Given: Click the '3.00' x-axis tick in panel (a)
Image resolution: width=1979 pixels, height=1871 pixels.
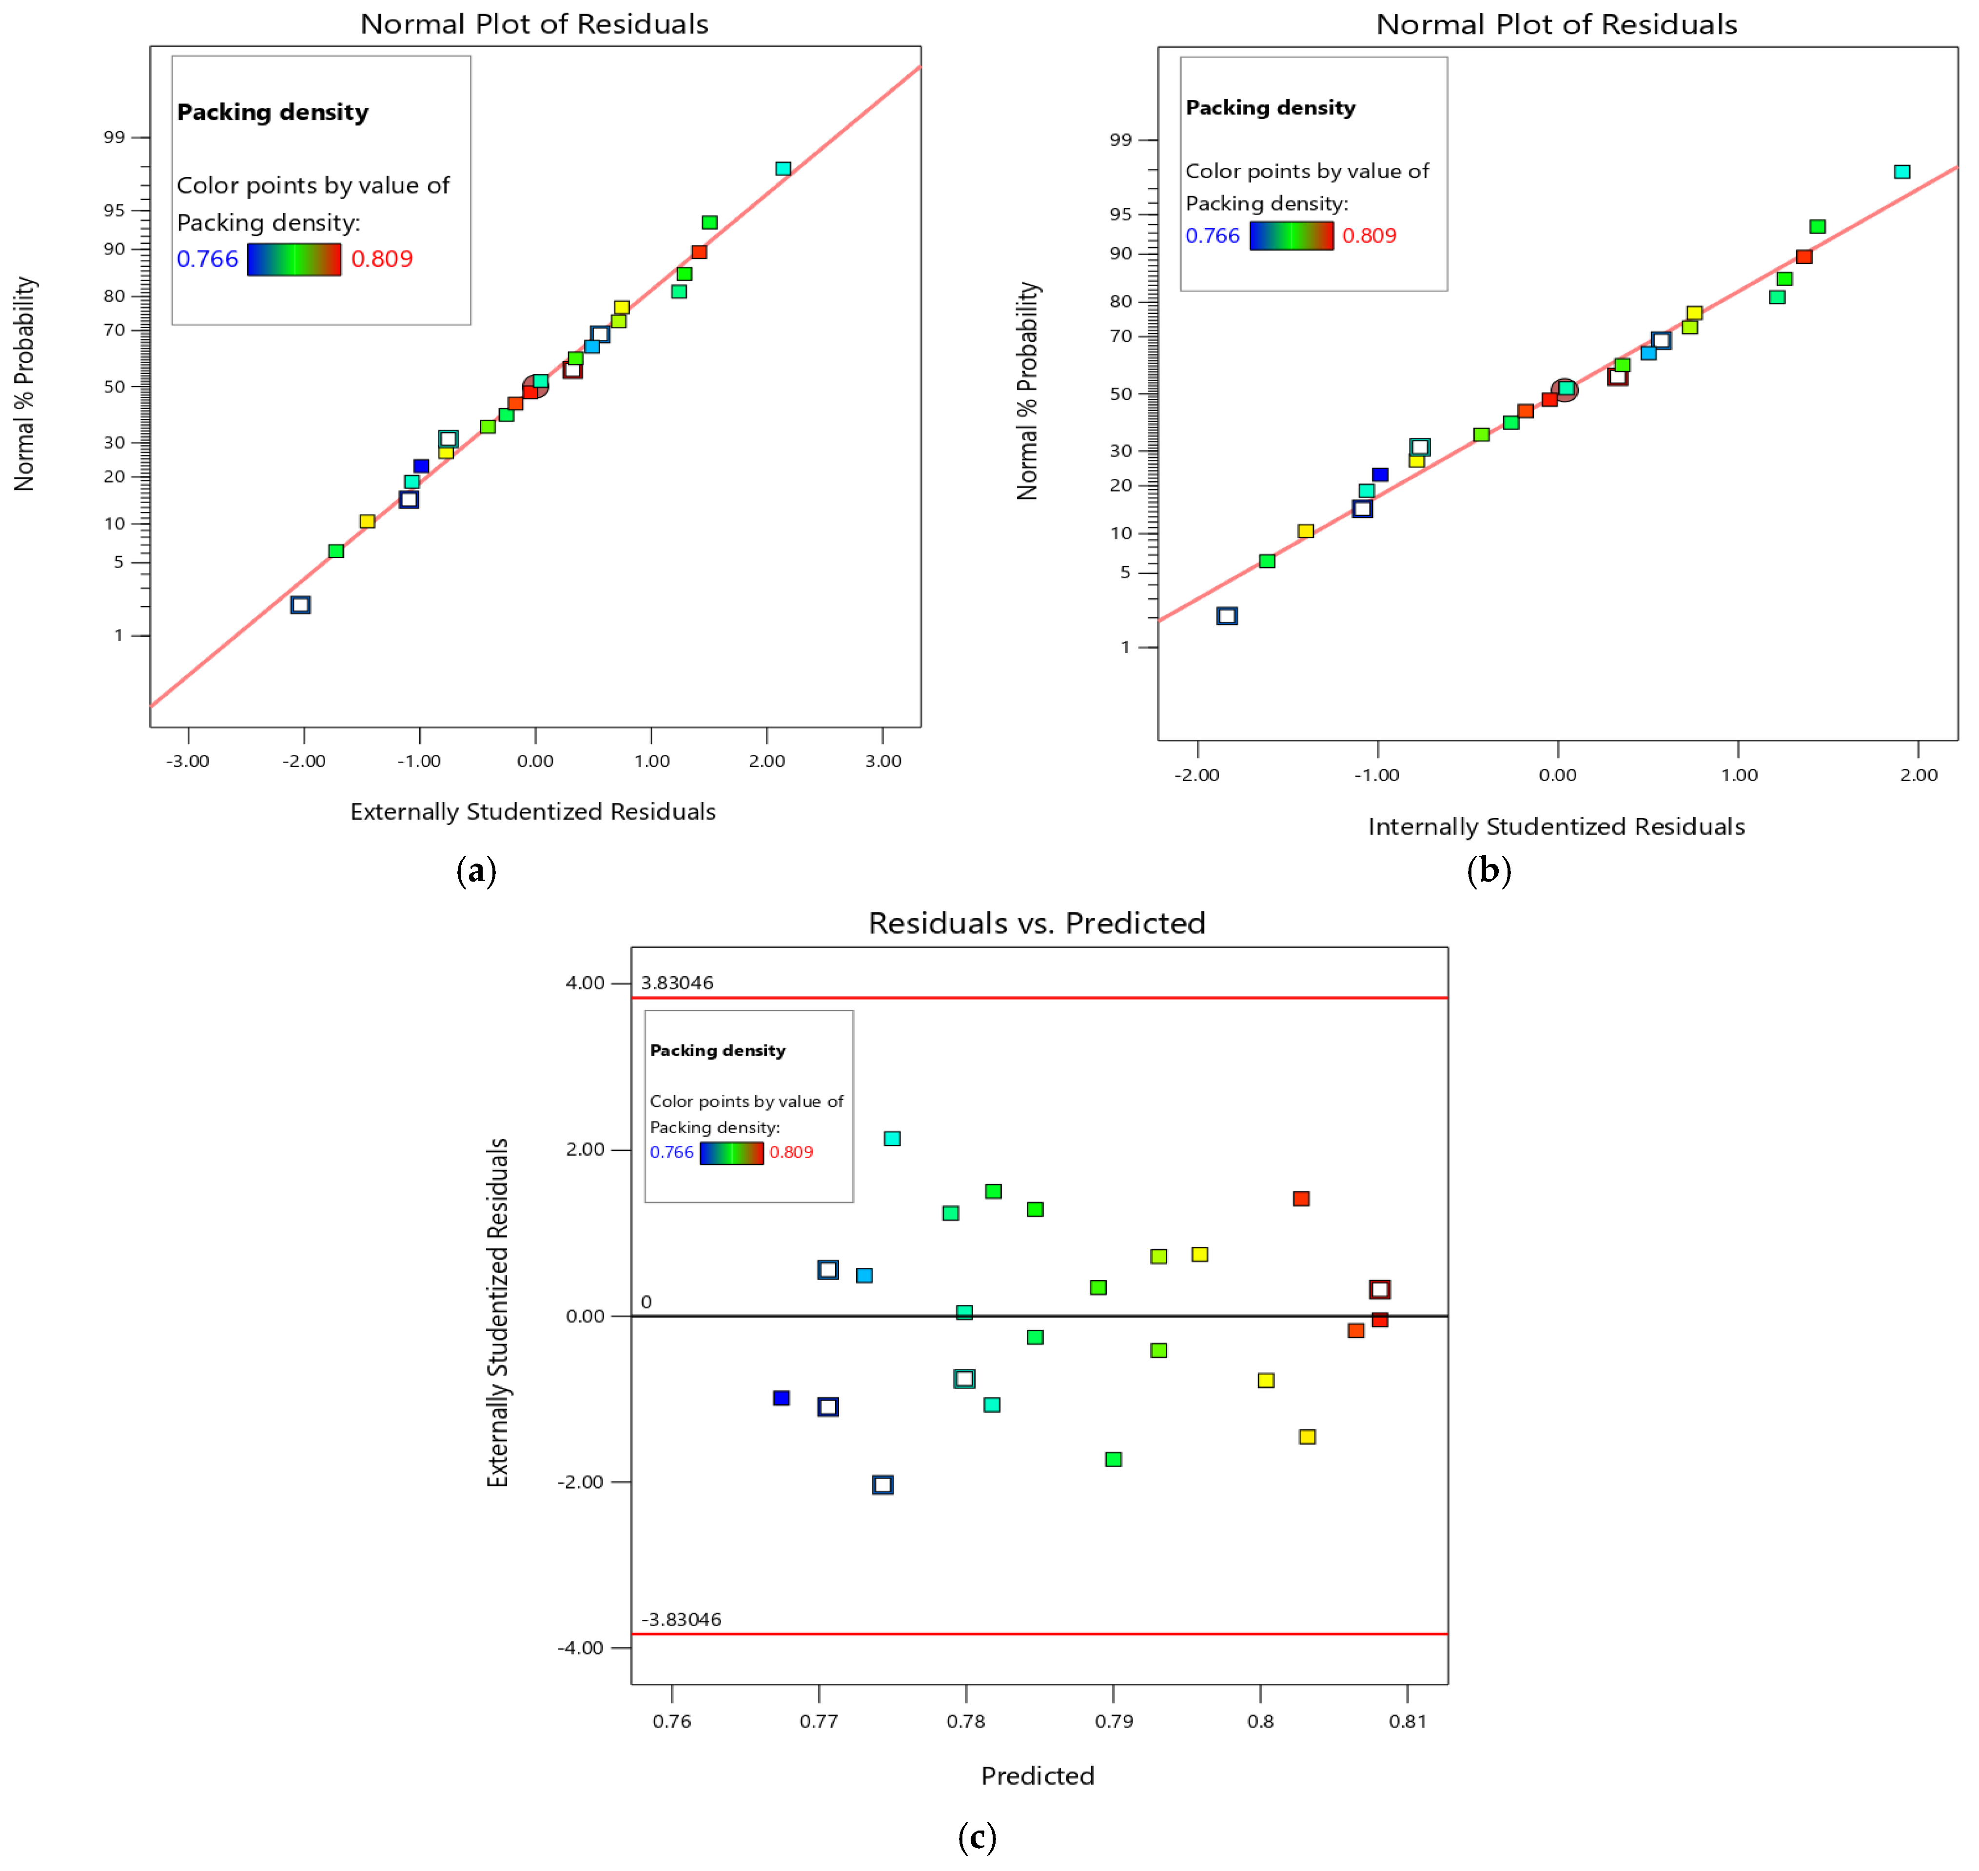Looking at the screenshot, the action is [882, 761].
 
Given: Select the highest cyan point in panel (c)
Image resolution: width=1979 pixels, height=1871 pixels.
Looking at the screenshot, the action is [892, 1138].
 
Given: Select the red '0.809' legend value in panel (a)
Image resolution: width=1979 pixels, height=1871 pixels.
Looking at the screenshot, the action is [382, 259].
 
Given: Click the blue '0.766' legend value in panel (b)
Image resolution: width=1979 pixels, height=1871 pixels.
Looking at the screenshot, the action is [1213, 236].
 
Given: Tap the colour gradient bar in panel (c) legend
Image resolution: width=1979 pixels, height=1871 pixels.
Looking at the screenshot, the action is [732, 1153].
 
